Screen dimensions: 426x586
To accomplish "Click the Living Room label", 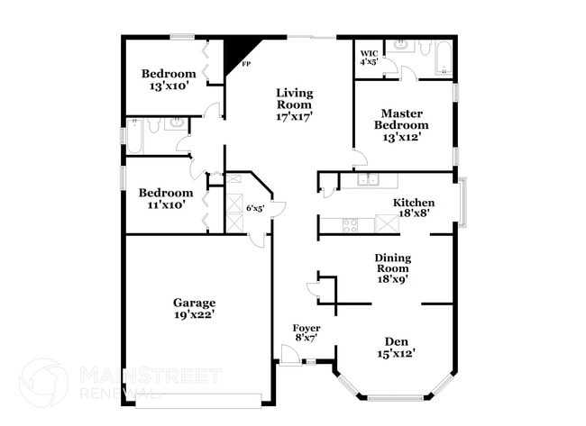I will point(294,104).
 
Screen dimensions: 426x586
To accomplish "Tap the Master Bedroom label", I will point(402,125).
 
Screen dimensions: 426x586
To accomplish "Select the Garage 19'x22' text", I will point(194,309).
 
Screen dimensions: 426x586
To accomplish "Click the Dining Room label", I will point(392,267).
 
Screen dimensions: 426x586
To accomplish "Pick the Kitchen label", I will point(414,208).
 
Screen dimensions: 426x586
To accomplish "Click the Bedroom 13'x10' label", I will point(168,79).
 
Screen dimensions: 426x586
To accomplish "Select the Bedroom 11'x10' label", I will point(165,198).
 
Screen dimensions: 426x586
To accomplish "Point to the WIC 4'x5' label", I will point(369,58).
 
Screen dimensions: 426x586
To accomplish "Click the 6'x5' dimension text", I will point(255,208).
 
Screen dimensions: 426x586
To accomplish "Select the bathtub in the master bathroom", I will point(442,60).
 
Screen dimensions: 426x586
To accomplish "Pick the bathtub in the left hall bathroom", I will point(132,139).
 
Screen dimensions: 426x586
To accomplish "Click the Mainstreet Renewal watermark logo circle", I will point(43,383).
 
